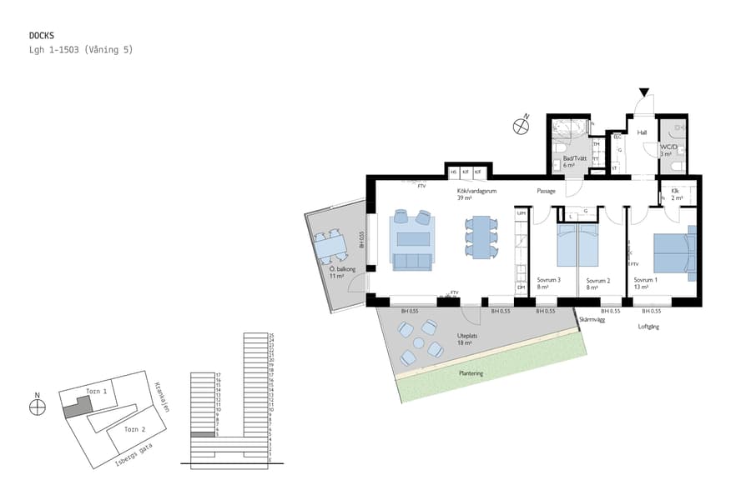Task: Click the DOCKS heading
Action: click(42, 36)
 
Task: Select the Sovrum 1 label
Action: click(645, 280)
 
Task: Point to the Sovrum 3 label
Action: click(548, 280)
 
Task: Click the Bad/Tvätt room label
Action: click(575, 158)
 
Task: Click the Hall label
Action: click(642, 132)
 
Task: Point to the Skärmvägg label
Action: click(591, 318)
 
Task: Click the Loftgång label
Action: click(648, 327)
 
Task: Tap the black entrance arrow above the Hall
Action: click(643, 92)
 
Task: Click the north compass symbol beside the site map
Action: click(37, 407)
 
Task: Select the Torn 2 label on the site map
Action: click(134, 429)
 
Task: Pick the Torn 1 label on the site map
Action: click(97, 391)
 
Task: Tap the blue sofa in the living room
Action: click(412, 262)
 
